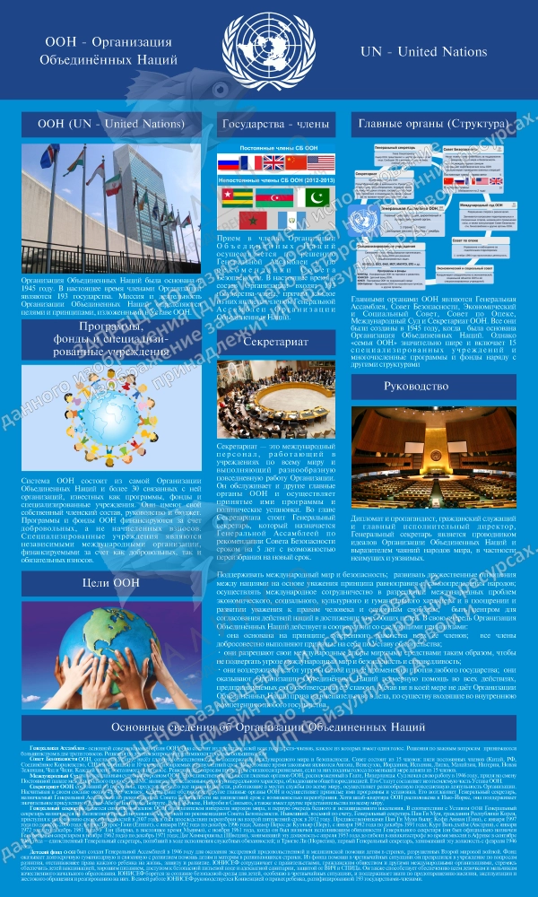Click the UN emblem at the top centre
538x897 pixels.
(x=269, y=49)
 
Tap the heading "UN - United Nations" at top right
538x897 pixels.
(x=423, y=52)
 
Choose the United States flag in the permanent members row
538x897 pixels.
(x=320, y=163)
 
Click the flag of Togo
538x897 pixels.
(x=236, y=196)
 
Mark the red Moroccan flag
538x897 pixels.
(x=249, y=221)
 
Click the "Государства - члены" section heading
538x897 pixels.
(x=276, y=124)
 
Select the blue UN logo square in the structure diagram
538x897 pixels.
(x=363, y=220)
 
